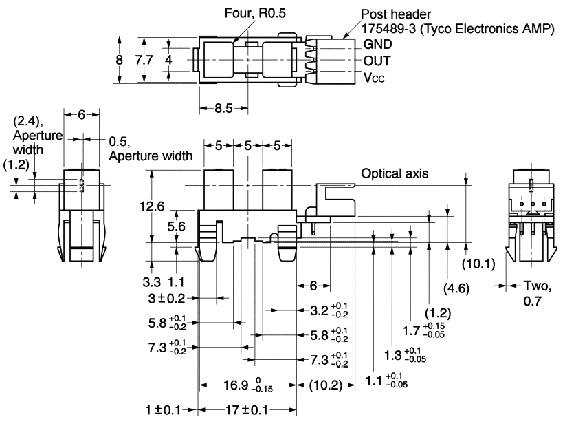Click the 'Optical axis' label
tap(395, 174)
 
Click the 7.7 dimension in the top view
tap(144, 60)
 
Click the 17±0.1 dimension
tap(246, 410)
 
